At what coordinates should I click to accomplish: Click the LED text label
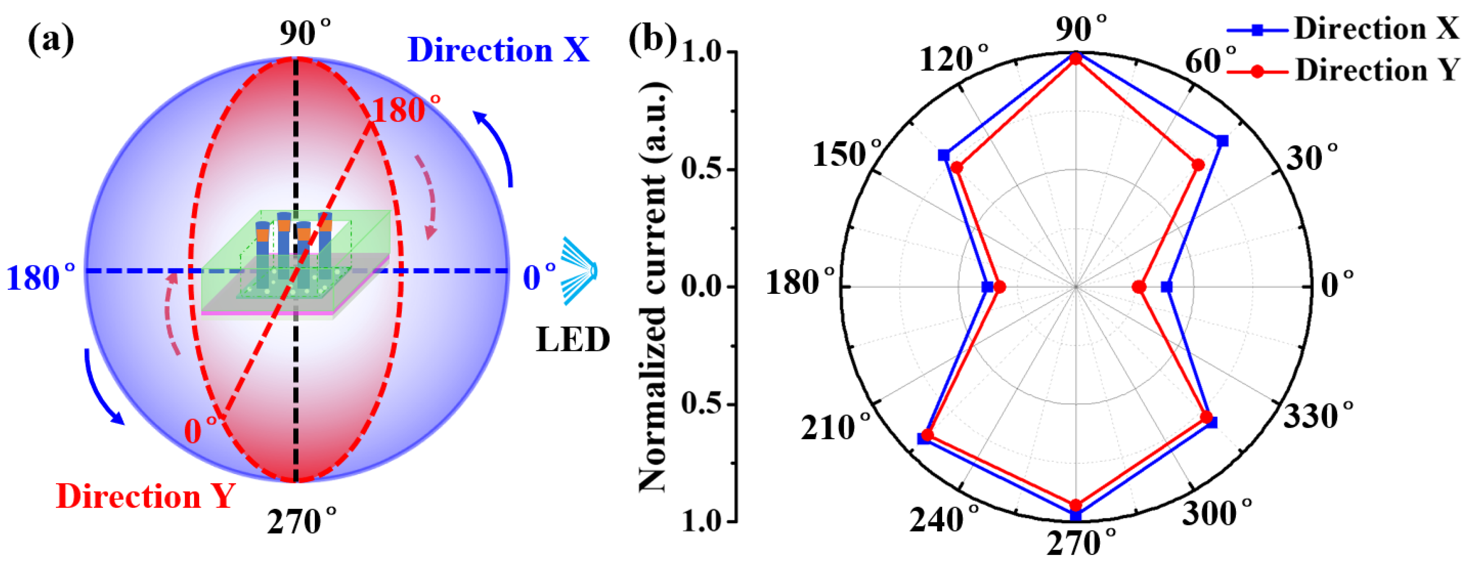pos(573,340)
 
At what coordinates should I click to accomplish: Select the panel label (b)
pos(652,40)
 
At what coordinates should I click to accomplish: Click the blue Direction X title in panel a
pos(498,50)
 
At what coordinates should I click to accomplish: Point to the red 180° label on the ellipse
pos(406,109)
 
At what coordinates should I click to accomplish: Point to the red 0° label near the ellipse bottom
pos(201,431)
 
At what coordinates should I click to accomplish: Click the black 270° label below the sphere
pos(301,521)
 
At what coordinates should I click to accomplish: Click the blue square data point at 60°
pos(1222,141)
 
